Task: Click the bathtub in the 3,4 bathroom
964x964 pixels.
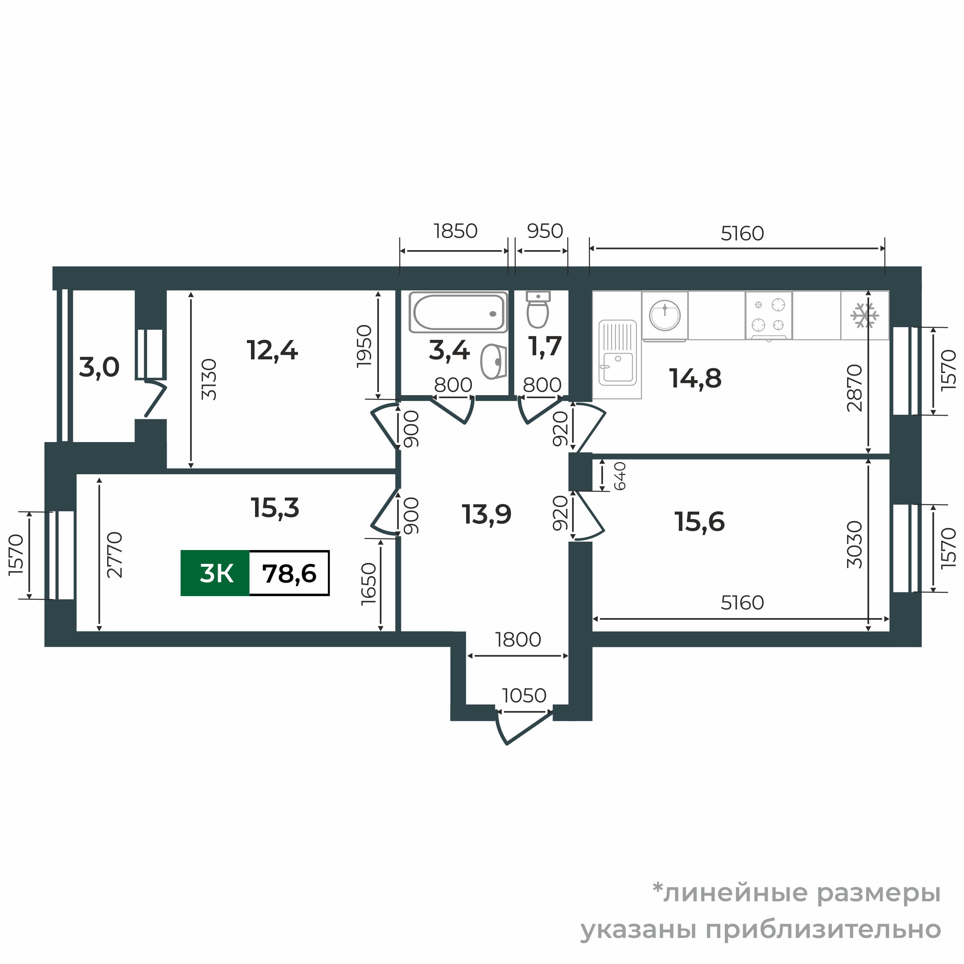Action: point(458,313)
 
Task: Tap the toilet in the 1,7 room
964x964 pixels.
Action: point(538,310)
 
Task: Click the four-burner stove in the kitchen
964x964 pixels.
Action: point(768,315)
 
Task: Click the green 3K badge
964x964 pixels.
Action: point(215,573)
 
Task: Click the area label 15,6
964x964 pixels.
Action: point(700,522)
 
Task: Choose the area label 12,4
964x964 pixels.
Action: point(272,350)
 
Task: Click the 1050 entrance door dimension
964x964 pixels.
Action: point(524,695)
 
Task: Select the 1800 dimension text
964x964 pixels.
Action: point(518,640)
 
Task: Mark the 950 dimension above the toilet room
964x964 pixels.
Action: point(545,231)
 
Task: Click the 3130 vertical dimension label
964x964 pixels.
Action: point(209,379)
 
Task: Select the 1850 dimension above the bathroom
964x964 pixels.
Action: point(456,231)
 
